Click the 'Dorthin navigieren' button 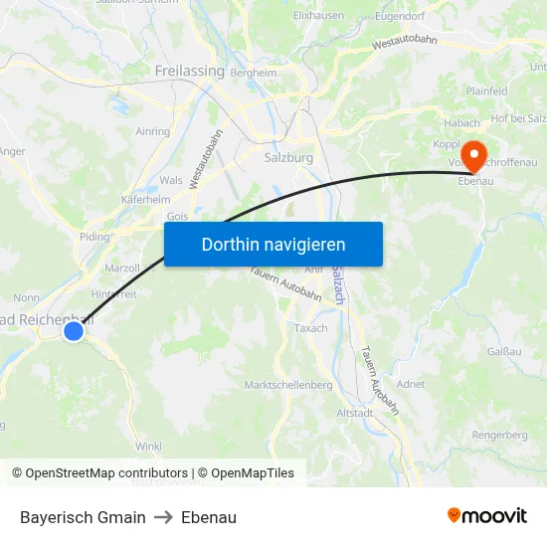[273, 244]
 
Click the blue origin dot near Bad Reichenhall [74, 330]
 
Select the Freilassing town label [189, 71]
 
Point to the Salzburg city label [289, 157]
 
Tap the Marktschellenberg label [288, 385]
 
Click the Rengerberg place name [500, 435]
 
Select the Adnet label [410, 384]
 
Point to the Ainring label [152, 131]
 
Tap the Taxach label [311, 328]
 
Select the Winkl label [148, 446]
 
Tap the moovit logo [487, 516]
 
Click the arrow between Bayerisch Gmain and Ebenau [163, 517]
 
